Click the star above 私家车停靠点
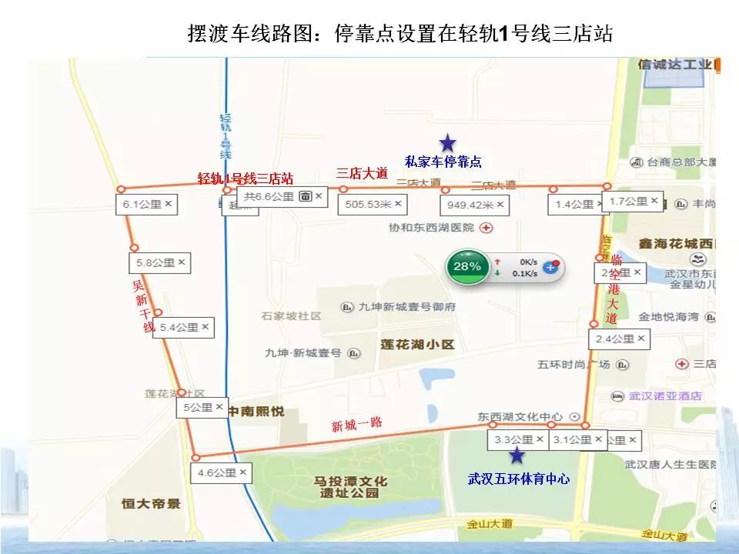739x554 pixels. (447, 142)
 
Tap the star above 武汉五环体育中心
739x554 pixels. (517, 456)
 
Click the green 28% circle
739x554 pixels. (466, 266)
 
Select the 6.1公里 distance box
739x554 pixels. (146, 205)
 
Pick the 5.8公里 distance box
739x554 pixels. (159, 262)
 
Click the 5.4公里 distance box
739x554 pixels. (183, 327)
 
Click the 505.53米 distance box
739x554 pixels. (373, 205)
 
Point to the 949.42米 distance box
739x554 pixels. (473, 205)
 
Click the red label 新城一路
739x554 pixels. (356, 424)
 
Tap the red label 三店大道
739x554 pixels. (362, 174)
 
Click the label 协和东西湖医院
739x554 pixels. (433, 229)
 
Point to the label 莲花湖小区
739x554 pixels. (418, 345)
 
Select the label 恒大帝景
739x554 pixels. (151, 504)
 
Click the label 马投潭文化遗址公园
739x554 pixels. (350, 487)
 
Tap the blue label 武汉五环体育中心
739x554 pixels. (519, 479)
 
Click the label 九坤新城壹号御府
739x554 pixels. (407, 306)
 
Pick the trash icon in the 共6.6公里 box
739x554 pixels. (305, 197)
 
